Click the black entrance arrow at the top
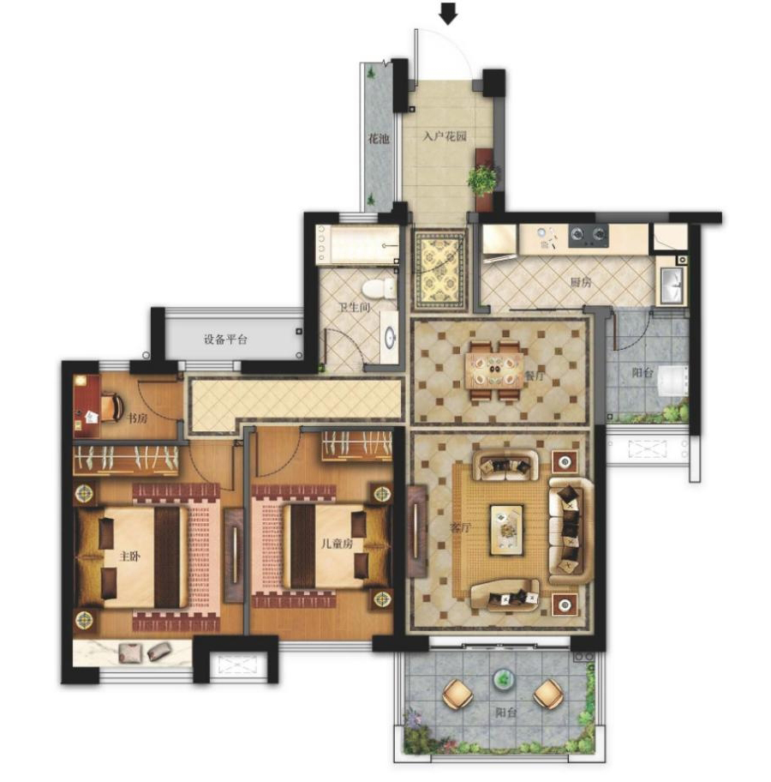tap(449, 14)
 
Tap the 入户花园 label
tap(445, 135)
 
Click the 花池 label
tap(379, 138)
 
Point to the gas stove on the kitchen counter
tap(589, 236)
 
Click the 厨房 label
tap(581, 282)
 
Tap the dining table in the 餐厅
tap(494, 370)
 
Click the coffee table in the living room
tap(507, 530)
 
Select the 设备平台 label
tap(225, 340)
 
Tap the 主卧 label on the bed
tap(129, 556)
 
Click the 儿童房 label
tap(337, 543)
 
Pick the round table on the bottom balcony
tap(505, 679)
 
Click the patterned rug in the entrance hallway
tap(439, 270)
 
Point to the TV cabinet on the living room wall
tap(417, 531)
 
